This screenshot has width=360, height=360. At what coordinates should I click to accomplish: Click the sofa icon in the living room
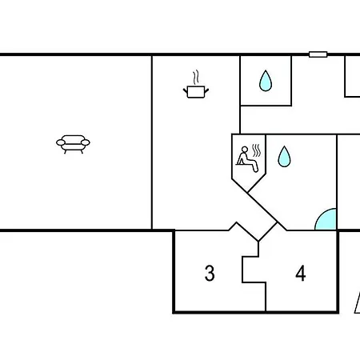point(73,144)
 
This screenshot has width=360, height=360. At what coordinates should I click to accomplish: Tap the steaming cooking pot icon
point(196,85)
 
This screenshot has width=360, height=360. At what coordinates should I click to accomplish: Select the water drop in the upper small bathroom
point(266,81)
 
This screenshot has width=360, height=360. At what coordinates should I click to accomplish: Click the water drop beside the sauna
point(284,157)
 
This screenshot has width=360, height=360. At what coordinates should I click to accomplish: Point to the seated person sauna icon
point(249,158)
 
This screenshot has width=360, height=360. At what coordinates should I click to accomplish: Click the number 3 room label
point(210,273)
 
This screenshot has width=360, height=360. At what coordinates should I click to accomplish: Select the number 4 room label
point(301,274)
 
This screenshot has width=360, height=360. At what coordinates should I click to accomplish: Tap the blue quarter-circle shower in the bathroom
point(326,219)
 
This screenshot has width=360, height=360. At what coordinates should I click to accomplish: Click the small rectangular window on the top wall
point(318,54)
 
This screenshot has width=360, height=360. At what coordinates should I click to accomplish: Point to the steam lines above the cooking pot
point(196,78)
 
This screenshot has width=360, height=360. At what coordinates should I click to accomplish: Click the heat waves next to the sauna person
point(257,150)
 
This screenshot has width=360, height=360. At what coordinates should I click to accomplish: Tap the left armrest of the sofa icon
point(61,142)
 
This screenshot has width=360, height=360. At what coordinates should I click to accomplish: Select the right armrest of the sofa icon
point(86,142)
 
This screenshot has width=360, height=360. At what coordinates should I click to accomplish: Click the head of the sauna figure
point(245,150)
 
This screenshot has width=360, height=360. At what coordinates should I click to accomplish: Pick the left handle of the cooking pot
point(186,91)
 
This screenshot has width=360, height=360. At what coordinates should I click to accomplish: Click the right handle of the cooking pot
point(206,91)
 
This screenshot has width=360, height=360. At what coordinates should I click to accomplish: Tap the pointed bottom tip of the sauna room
point(248,193)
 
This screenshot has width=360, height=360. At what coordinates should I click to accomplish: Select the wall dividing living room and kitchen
point(152,142)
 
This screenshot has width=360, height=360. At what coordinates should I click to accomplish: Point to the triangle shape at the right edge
point(358,302)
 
